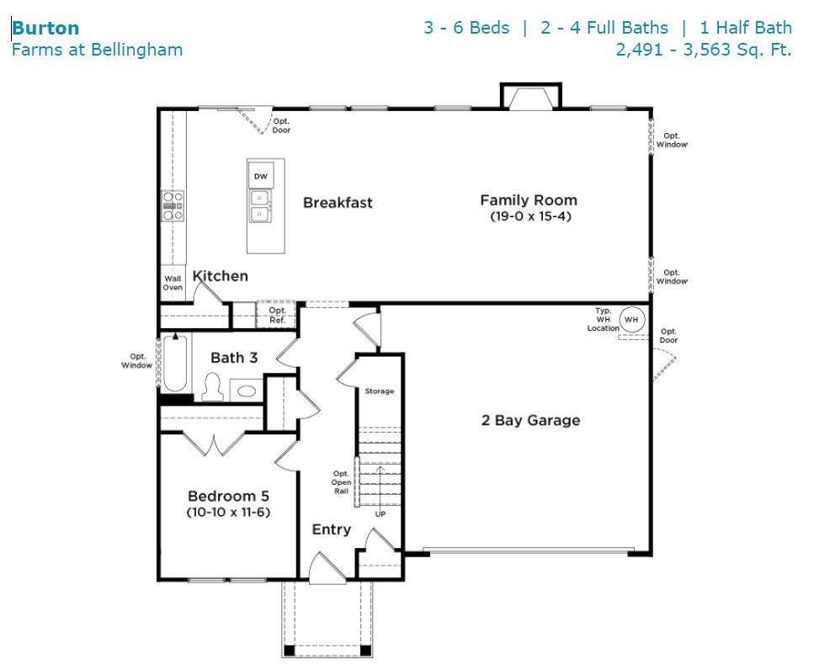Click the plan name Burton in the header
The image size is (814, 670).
pos(45,28)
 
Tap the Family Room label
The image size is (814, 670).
pos(529,200)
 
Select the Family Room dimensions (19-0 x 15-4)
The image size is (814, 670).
pos(530,216)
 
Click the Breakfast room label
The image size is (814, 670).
pos(338,202)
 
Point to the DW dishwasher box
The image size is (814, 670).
pos(261,176)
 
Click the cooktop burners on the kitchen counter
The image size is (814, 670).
pos(173,206)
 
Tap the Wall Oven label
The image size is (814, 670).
pos(173,283)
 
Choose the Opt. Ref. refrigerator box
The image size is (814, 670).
pos(277,314)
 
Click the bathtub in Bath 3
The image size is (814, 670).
pos(175,363)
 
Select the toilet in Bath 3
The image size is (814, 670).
pos(212,387)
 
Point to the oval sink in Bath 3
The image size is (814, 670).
pos(246,391)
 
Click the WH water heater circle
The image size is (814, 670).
pos(632,320)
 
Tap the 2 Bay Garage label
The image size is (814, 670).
pos(530,420)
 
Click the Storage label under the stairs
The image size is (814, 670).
pos(380,391)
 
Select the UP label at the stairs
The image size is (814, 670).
pos(380,514)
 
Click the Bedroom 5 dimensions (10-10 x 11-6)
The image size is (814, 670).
pos(228,513)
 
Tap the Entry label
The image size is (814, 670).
pos(331,530)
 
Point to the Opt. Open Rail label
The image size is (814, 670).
pos(341,482)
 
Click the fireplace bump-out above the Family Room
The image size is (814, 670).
pos(530,96)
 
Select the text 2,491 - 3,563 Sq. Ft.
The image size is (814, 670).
pos(704,50)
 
